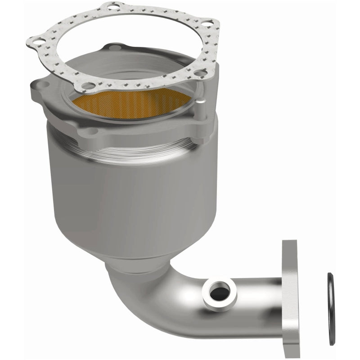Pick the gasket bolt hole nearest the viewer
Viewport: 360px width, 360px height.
click(90, 86)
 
